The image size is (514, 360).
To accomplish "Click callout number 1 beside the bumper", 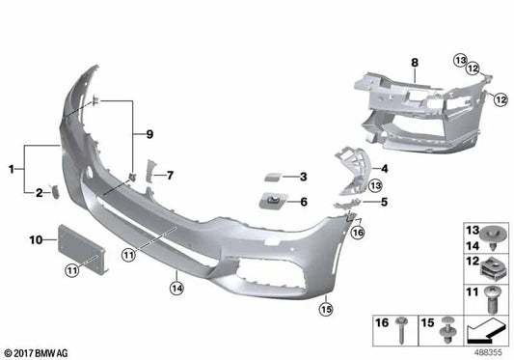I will point(11,169).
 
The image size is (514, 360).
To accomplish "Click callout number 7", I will point(170,175).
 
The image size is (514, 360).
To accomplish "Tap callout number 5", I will point(383,202).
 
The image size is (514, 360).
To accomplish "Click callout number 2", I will point(40,193).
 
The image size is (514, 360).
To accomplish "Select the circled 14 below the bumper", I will point(176,286).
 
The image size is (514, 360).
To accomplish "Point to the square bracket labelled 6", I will point(274,202).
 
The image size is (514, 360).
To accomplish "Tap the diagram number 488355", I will point(489,353).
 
